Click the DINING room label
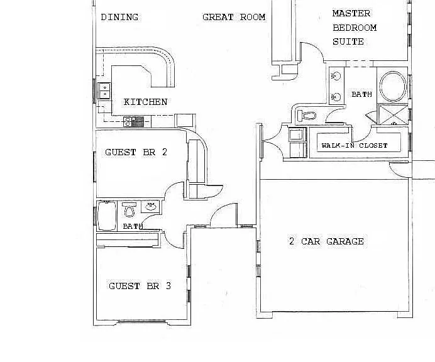point(119,17)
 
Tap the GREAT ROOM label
point(234,17)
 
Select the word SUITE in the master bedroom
point(348,42)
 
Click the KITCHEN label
point(145,102)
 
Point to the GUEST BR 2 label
point(136,152)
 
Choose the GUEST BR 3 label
point(140,286)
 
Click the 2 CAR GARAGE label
point(326,241)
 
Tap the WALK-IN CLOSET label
point(355,145)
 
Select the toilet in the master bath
point(307,115)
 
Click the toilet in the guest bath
point(129,209)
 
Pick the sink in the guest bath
point(150,206)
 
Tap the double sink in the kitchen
point(104,90)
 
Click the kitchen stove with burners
point(134,121)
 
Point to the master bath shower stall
point(392,114)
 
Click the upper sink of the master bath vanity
point(336,75)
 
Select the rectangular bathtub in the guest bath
point(107,216)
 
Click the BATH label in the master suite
point(361,94)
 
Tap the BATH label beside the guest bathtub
point(133,226)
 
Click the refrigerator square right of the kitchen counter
point(185,121)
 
